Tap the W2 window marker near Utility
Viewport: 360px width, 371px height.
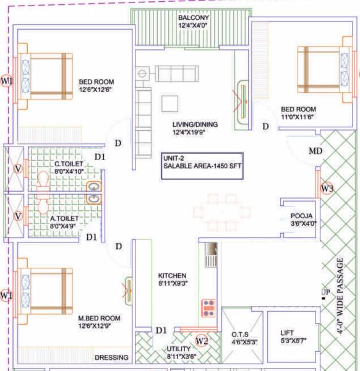pos(202,341)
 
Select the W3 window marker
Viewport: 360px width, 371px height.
pos(327,188)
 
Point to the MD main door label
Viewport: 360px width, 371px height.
pos(315,151)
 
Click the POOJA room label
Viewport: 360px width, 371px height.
pos(302,216)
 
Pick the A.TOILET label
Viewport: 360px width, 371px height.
pos(64,218)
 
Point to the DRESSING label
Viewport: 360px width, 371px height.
pos(111,357)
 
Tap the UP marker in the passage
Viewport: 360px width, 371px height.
pos(325,292)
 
